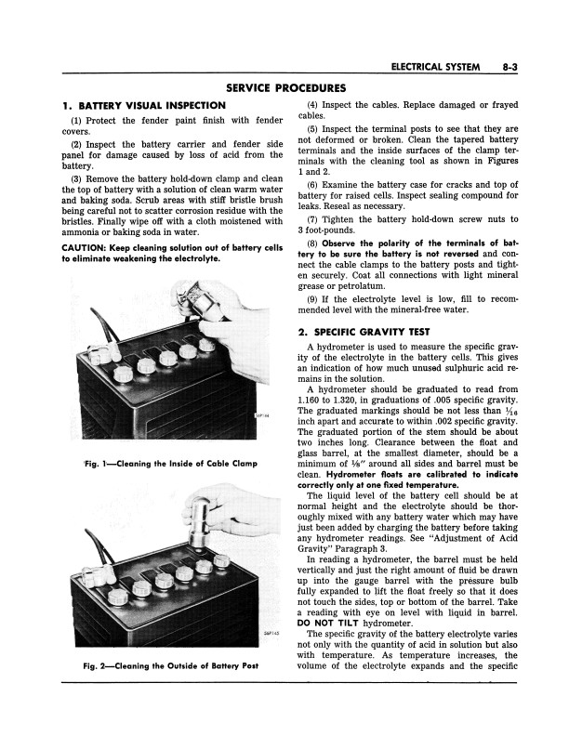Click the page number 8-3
tap(509, 67)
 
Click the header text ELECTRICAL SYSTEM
tap(435, 67)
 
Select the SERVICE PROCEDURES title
tap(286, 87)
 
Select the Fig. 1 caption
tap(171, 464)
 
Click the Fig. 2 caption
tap(171, 665)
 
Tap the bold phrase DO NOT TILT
tap(328, 624)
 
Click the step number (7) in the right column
tap(313, 219)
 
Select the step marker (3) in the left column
tap(77, 178)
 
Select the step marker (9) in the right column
tap(313, 299)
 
